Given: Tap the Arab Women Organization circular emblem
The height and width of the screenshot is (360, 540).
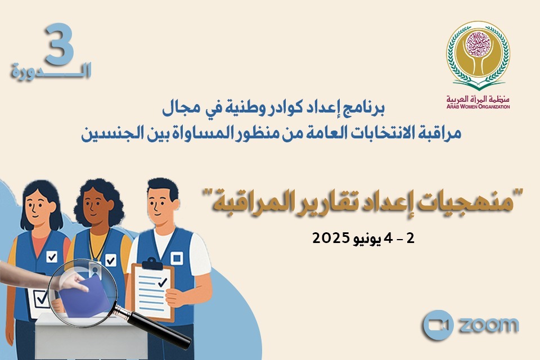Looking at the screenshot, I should coord(478,53).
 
